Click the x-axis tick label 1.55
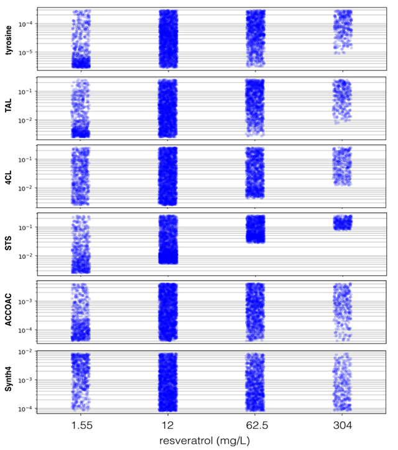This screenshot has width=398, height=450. (x=82, y=425)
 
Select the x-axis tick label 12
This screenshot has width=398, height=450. (x=168, y=425)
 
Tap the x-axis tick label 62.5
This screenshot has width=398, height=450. (x=257, y=425)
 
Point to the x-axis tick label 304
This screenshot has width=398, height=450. (x=343, y=425)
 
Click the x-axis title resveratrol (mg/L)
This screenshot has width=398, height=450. (x=205, y=441)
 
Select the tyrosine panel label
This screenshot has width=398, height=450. (x=9, y=40)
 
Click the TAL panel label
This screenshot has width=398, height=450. (x=9, y=106)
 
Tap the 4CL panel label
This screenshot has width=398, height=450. (x=9, y=177)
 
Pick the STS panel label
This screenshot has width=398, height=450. (x=9, y=243)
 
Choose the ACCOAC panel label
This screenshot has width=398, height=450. (x=9, y=310)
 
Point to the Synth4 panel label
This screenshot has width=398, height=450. (x=9, y=379)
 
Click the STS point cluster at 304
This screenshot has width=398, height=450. (x=343, y=222)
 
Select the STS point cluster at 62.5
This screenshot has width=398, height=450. (x=256, y=229)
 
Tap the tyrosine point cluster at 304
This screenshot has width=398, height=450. (x=343, y=32)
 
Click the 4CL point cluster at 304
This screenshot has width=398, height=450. (x=342, y=166)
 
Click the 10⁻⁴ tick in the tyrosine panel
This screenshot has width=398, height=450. (x=25, y=24)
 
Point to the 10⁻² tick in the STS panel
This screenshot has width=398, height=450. (x=25, y=256)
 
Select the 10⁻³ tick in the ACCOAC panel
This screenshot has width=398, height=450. (x=25, y=302)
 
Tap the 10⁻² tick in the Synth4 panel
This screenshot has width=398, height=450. (x=25, y=352)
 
